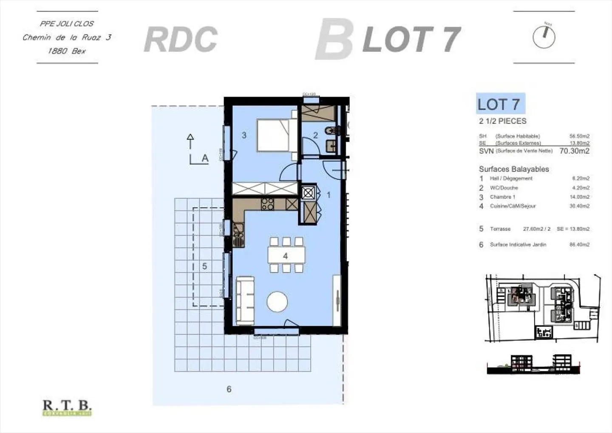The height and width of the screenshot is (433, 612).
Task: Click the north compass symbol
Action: coord(544,37)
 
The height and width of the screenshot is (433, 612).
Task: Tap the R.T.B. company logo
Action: coord(67,407)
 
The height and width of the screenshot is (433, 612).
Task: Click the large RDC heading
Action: coord(181,40)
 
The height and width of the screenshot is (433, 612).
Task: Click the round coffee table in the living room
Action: coord(277,302)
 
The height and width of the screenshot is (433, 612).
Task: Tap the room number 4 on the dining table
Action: coord(285,256)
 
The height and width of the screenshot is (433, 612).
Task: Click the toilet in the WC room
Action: coord(331,130)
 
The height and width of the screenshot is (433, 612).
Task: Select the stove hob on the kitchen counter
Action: coord(268,204)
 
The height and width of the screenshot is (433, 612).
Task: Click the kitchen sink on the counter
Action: coord(238,235)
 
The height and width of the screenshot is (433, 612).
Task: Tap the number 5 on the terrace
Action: coord(204,266)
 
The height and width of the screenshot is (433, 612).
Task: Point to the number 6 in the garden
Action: coord(229,389)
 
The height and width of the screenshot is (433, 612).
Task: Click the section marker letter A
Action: coord(205,158)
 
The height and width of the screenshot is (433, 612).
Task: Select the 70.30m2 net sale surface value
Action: coord(574,151)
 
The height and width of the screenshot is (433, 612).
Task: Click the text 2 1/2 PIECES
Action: coord(502,121)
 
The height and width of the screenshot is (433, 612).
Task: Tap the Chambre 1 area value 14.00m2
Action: coord(579,197)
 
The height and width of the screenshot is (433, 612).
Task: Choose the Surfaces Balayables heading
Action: coord(514,169)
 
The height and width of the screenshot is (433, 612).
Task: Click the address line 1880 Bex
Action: coord(67,51)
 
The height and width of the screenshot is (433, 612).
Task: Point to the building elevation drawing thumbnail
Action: coord(533,364)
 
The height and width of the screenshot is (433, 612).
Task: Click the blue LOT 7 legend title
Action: coord(500,104)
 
